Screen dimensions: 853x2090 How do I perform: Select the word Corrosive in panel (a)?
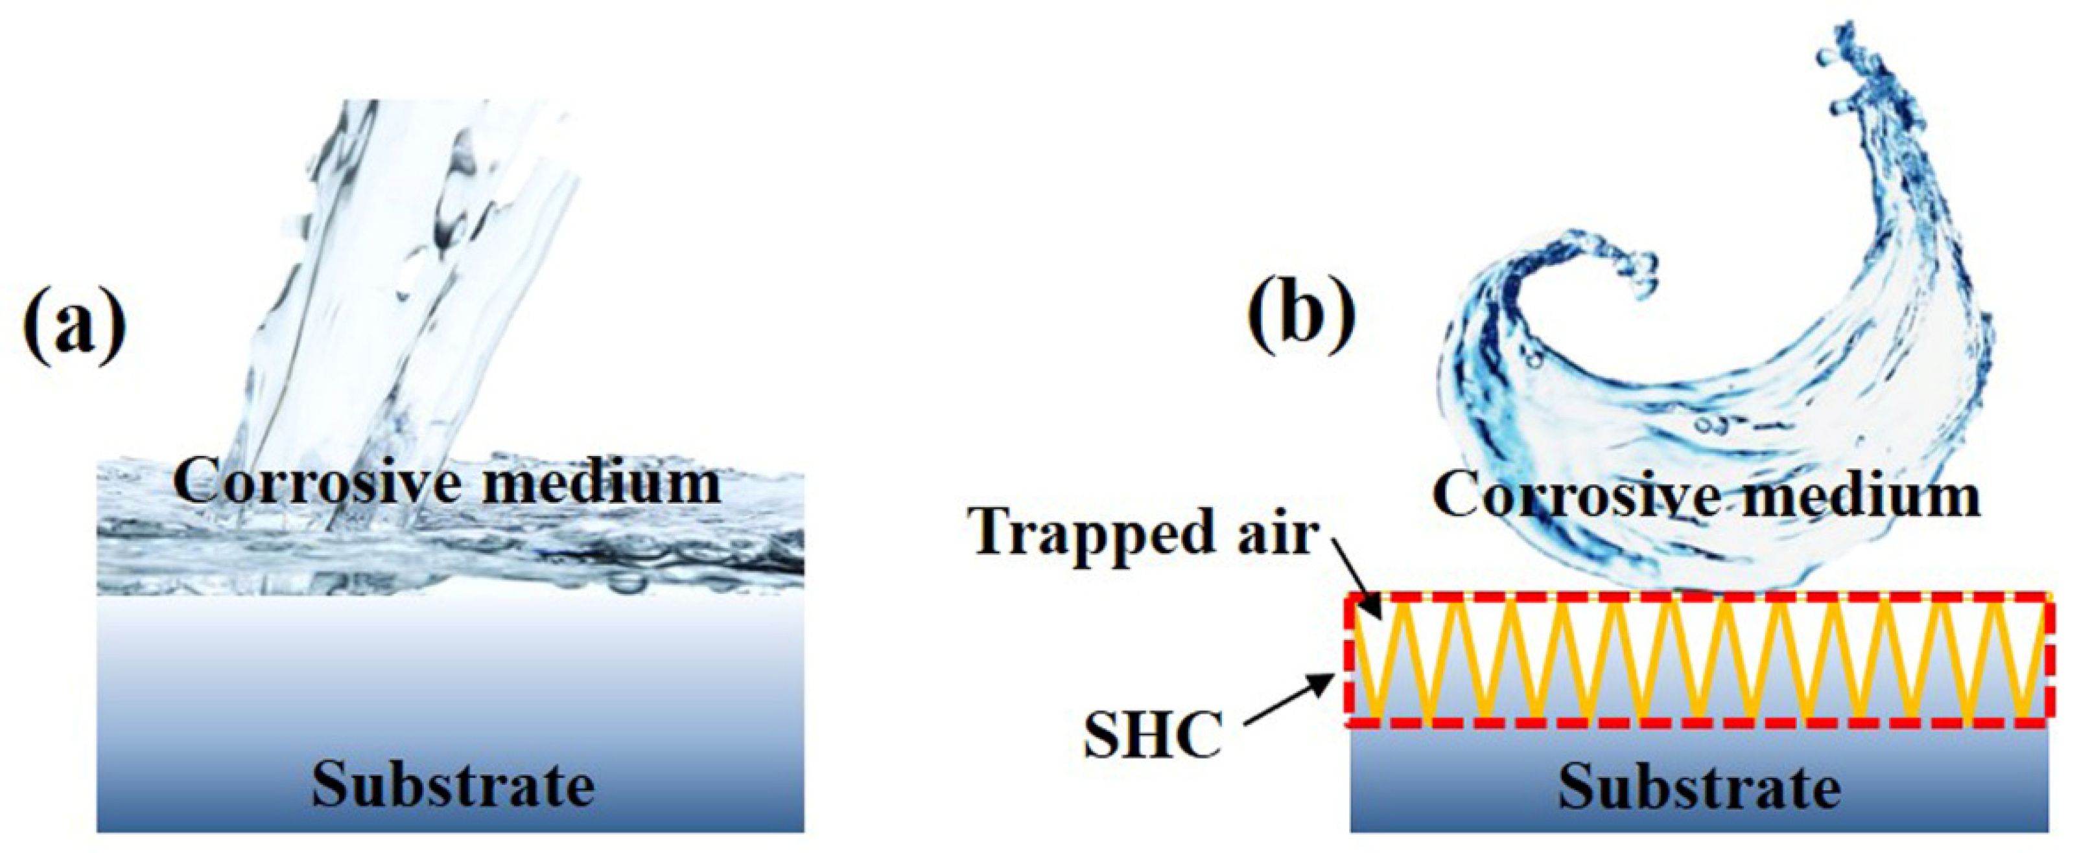(x=294, y=483)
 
